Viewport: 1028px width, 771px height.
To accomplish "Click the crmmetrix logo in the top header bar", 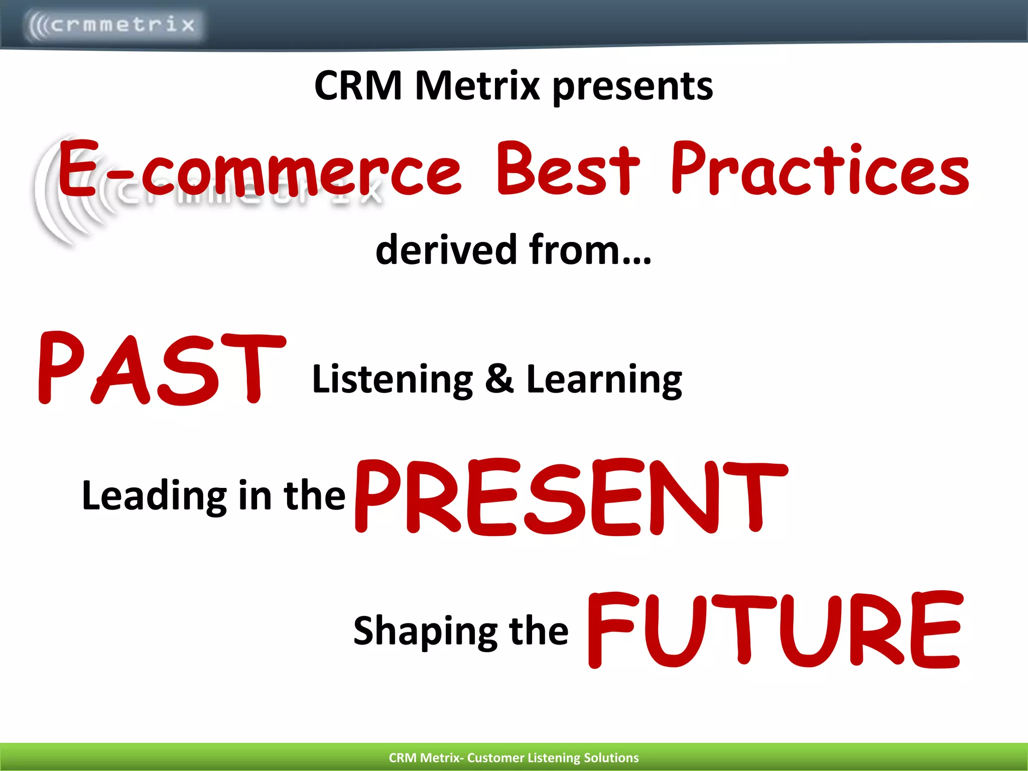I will pyautogui.click(x=113, y=24).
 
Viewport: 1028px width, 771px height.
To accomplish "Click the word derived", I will pyautogui.click(x=446, y=249).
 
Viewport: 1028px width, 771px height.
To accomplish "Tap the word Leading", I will pyautogui.click(x=154, y=496).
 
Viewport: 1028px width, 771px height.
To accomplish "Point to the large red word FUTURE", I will pyautogui.click(x=774, y=630).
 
